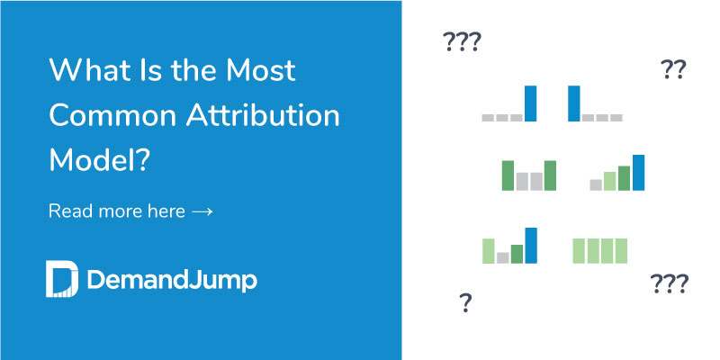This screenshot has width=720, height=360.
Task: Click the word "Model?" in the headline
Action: pyautogui.click(x=100, y=161)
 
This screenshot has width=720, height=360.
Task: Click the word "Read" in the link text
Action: pyautogui.click(x=67, y=211)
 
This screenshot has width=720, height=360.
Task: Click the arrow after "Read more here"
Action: pyautogui.click(x=202, y=212)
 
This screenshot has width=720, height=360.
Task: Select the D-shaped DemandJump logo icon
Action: pyautogui.click(x=61, y=279)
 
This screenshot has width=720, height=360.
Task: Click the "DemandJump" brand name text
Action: pyautogui.click(x=172, y=280)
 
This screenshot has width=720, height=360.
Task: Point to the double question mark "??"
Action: pyautogui.click(x=672, y=69)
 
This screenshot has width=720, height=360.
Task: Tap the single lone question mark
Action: pyautogui.click(x=465, y=302)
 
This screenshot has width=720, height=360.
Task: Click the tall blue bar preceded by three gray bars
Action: pyautogui.click(x=530, y=103)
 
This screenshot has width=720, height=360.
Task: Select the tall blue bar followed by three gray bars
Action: pyautogui.click(x=573, y=103)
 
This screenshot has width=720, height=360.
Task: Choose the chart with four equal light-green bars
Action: pyautogui.click(x=599, y=250)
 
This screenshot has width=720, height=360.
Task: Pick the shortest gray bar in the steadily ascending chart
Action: pyautogui.click(x=596, y=184)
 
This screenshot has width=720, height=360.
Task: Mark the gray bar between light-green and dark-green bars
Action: pyautogui.click(x=503, y=257)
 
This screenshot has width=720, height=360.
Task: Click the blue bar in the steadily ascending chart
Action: pyautogui.click(x=638, y=173)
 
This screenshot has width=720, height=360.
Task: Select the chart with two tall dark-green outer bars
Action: pyautogui.click(x=528, y=175)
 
